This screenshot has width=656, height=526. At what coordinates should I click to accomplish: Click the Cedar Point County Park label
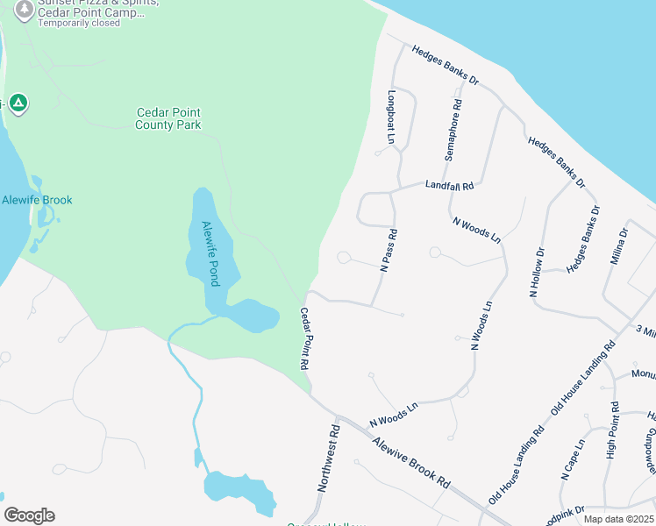click(168, 118)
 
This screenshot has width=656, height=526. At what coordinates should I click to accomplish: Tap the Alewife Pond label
click(210, 252)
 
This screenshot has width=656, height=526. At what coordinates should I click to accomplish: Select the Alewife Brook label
click(37, 200)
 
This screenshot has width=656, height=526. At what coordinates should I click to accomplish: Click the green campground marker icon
click(18, 103)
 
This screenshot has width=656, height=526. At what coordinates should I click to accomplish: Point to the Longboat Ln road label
click(391, 117)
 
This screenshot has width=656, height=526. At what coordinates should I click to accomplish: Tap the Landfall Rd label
click(449, 186)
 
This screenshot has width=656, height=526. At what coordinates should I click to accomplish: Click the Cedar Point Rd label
click(306, 338)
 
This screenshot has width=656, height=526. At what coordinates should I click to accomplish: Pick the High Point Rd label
click(612, 437)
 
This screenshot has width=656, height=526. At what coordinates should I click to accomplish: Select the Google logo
click(29, 515)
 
